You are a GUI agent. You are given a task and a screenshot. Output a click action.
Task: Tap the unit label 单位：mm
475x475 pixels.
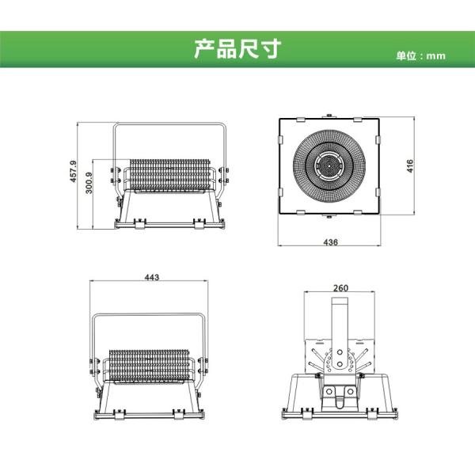pyautogui.click(x=421, y=56)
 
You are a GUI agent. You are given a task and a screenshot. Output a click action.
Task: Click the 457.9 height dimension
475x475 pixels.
pyautogui.click(x=73, y=173)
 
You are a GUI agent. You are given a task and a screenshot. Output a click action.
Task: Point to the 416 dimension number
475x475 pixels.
pyautogui.click(x=409, y=165)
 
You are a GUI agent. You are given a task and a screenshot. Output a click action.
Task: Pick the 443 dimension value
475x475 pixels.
pyautogui.click(x=152, y=277)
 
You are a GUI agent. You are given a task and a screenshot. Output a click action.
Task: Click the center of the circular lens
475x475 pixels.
pyautogui.click(x=329, y=165)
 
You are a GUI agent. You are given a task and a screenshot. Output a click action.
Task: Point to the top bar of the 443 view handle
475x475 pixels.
pyautogui.click(x=150, y=316)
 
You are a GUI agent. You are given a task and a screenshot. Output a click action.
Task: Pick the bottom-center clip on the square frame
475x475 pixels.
pyautogui.click(x=329, y=215)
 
